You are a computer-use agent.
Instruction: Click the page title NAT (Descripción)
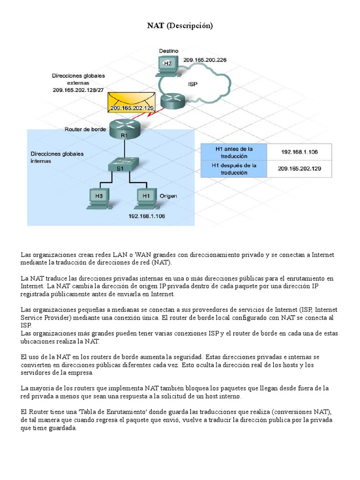click(180, 26)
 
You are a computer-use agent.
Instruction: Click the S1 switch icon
click(120, 166)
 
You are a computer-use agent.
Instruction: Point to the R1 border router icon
click(124, 128)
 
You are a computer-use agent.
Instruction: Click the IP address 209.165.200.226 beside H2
click(205, 60)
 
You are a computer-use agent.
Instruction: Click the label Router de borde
click(85, 129)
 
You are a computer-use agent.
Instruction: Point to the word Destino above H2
click(168, 51)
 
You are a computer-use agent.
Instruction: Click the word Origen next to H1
click(168, 196)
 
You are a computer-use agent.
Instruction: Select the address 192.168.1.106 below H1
click(147, 216)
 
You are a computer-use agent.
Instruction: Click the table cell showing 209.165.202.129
click(299, 169)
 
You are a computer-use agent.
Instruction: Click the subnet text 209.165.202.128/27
click(78, 90)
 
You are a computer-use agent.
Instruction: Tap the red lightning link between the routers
click(152, 113)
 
